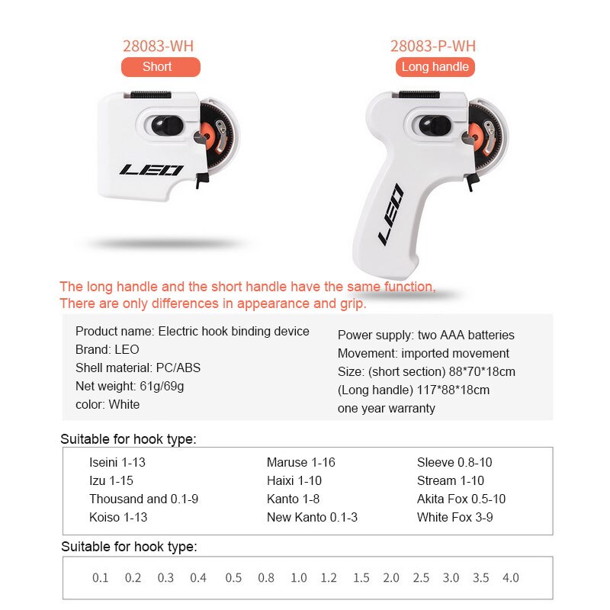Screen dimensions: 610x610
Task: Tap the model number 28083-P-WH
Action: (x=432, y=46)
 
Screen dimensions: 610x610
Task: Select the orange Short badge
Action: (x=157, y=67)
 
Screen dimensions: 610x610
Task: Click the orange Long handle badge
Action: (x=435, y=67)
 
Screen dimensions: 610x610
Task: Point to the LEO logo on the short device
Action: (x=151, y=169)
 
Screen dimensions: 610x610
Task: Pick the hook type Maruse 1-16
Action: (x=300, y=462)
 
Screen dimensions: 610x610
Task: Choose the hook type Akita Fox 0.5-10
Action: (x=461, y=499)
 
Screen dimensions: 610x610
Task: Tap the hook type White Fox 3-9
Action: (x=454, y=517)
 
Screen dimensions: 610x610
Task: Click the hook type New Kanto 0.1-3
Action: (x=312, y=517)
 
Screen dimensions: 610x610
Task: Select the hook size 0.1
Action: (x=101, y=577)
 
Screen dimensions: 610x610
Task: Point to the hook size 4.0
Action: (x=510, y=577)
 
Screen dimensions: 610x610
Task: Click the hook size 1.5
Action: (x=361, y=577)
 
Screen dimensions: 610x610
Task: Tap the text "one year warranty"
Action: (x=386, y=408)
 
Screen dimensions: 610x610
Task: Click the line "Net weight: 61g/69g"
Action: (x=129, y=386)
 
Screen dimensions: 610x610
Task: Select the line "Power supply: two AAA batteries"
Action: (x=425, y=335)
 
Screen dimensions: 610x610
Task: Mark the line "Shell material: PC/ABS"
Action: (x=137, y=368)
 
